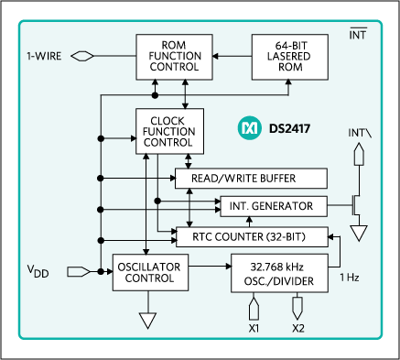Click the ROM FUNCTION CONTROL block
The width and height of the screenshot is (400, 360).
click(x=174, y=57)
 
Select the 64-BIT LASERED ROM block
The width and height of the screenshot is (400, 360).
click(x=290, y=57)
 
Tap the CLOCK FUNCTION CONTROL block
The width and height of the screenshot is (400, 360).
click(x=169, y=131)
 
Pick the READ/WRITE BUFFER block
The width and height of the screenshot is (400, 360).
click(x=251, y=179)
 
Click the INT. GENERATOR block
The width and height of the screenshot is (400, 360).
click(x=274, y=206)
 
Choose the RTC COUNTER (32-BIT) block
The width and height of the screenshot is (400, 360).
click(x=253, y=237)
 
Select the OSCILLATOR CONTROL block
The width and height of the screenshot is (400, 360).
click(x=150, y=272)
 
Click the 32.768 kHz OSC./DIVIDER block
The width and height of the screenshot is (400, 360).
click(x=279, y=273)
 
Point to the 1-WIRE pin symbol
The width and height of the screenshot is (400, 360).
click(x=82, y=56)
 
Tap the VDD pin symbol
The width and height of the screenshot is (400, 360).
click(x=79, y=271)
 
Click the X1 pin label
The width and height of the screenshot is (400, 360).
click(x=254, y=329)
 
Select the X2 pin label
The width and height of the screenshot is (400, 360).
click(x=298, y=329)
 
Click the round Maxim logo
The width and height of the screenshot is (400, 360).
click(x=249, y=128)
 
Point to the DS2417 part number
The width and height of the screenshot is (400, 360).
click(x=289, y=128)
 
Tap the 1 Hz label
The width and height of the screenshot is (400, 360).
click(x=350, y=278)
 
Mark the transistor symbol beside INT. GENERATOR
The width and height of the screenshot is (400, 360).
click(x=356, y=205)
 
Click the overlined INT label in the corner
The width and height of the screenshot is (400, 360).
click(x=358, y=34)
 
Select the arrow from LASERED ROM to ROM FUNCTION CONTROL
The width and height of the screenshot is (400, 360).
click(x=232, y=56)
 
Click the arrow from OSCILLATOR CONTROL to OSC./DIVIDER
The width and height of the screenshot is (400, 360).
click(x=210, y=267)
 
